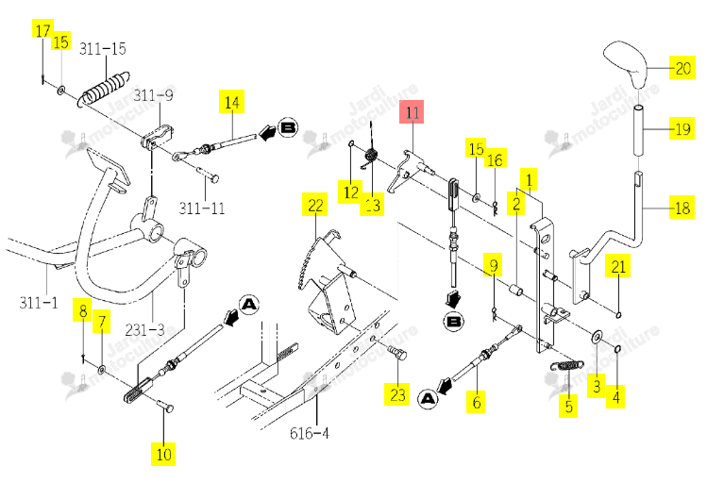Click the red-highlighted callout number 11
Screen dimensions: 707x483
[x=412, y=111]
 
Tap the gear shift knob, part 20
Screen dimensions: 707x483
[x=627, y=62]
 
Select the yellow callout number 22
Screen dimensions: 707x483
[x=315, y=205]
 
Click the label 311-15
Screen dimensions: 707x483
[x=102, y=49]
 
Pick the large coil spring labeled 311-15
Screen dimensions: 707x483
[x=105, y=89]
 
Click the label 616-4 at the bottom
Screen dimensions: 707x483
[x=310, y=433]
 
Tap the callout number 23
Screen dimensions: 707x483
[x=397, y=394]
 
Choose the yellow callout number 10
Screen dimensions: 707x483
[x=163, y=454]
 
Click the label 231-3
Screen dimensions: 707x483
[x=144, y=330]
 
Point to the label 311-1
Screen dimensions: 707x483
[x=39, y=302]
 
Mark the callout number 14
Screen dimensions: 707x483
[x=232, y=102]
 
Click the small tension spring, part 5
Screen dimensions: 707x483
[x=566, y=364]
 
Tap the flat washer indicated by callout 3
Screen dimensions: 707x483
[x=598, y=337]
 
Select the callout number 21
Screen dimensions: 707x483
[x=618, y=266]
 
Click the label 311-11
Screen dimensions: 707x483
[x=202, y=208]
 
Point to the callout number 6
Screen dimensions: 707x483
[x=477, y=402]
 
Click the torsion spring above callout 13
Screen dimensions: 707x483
[x=371, y=157]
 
